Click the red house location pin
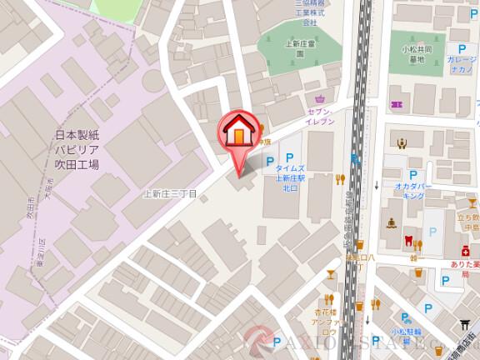238,133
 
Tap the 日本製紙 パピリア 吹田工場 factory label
77,150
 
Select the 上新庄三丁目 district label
170,194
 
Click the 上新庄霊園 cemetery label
299,47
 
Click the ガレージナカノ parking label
460,66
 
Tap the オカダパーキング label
412,192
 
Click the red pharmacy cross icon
466,251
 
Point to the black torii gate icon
465,325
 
